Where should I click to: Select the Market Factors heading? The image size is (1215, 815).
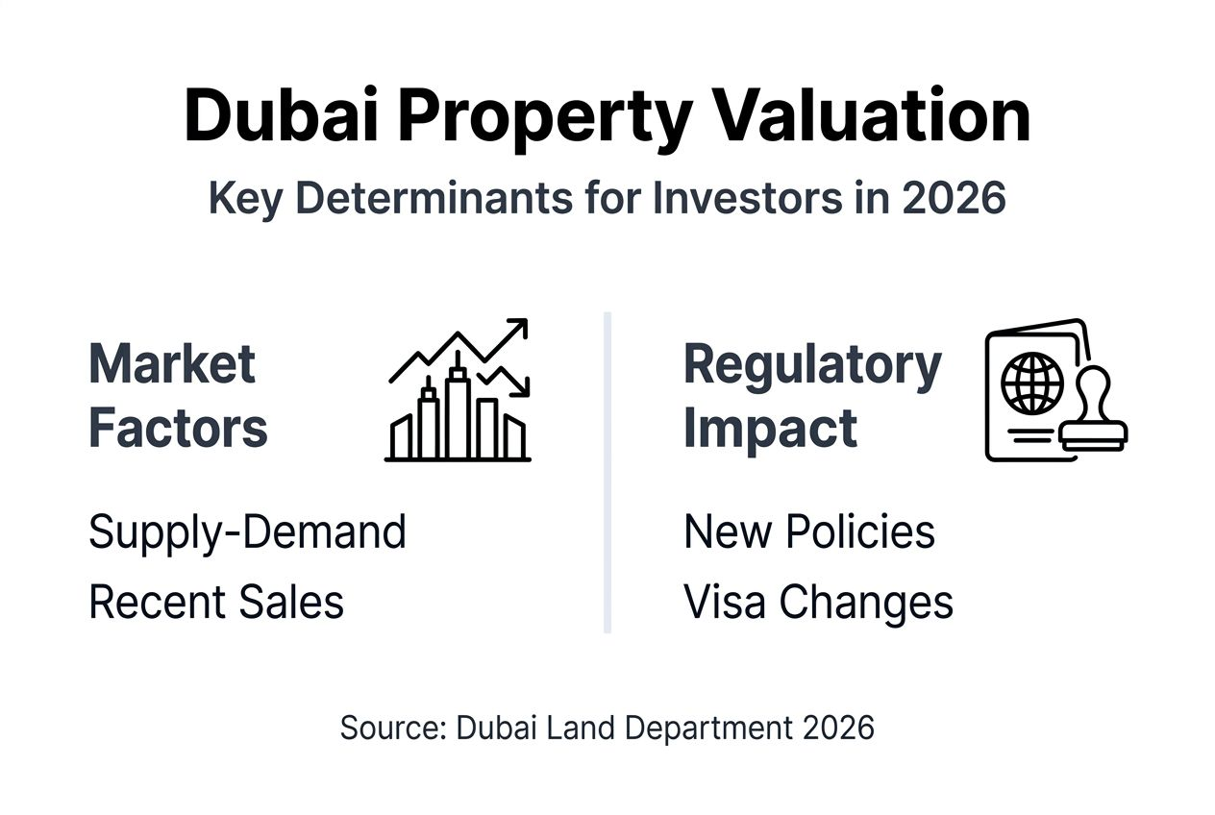[178, 395]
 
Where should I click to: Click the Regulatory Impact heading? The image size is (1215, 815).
[812, 395]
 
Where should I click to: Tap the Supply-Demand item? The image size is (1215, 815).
[247, 531]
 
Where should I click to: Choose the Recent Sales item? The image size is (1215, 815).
[216, 602]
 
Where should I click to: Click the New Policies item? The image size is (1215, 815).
[809, 531]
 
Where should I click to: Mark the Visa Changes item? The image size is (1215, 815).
[818, 602]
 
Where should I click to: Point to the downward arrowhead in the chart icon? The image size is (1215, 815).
[520, 387]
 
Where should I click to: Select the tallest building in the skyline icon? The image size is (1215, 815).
[457, 408]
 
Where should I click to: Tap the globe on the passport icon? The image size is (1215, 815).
[1031, 383]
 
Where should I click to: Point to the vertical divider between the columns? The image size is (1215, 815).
[607, 471]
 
